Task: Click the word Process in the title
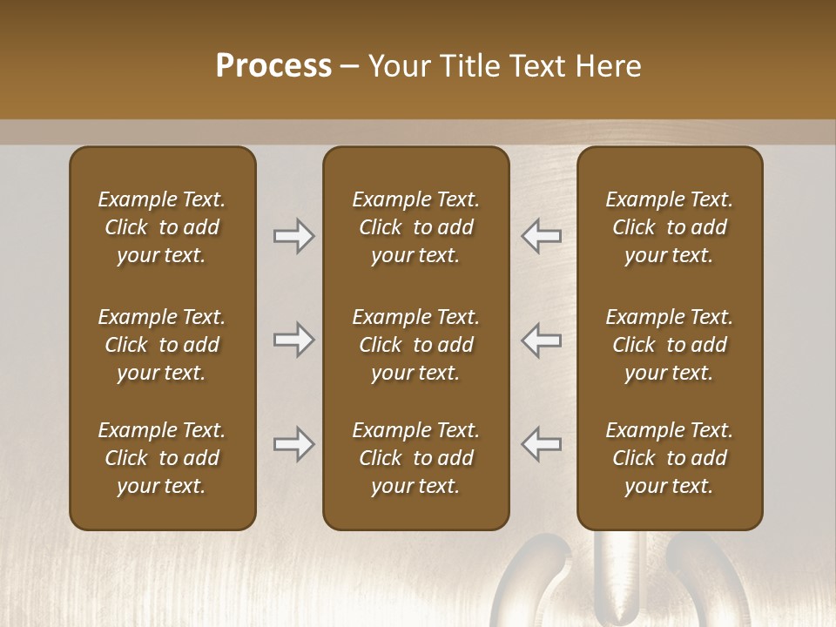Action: pyautogui.click(x=273, y=66)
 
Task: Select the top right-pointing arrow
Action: pyautogui.click(x=294, y=236)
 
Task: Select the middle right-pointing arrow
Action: pyautogui.click(x=294, y=340)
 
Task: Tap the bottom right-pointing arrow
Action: pyautogui.click(x=294, y=444)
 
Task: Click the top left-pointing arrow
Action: pyautogui.click(x=541, y=236)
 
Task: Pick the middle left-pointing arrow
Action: pyautogui.click(x=541, y=340)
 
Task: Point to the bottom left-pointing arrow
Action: pyautogui.click(x=541, y=444)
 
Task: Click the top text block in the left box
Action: pyautogui.click(x=162, y=227)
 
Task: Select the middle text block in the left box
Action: pyautogui.click(x=162, y=345)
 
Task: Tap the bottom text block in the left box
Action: pyautogui.click(x=162, y=458)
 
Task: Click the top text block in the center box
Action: pyautogui.click(x=415, y=227)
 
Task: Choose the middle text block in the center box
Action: pyautogui.click(x=415, y=345)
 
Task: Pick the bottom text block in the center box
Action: pyautogui.click(x=415, y=458)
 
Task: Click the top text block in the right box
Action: pyautogui.click(x=669, y=227)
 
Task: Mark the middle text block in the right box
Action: pyautogui.click(x=669, y=345)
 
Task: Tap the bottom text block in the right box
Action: pyautogui.click(x=669, y=458)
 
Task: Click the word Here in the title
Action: pyautogui.click(x=609, y=66)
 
